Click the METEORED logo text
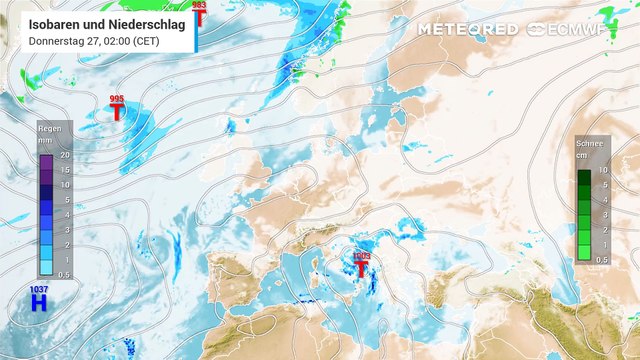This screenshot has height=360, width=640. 467,29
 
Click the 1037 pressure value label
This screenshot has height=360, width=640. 39,289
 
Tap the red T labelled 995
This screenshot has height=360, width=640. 118,112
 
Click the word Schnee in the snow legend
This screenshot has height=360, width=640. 590,144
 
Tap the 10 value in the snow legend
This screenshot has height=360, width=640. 604,171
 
